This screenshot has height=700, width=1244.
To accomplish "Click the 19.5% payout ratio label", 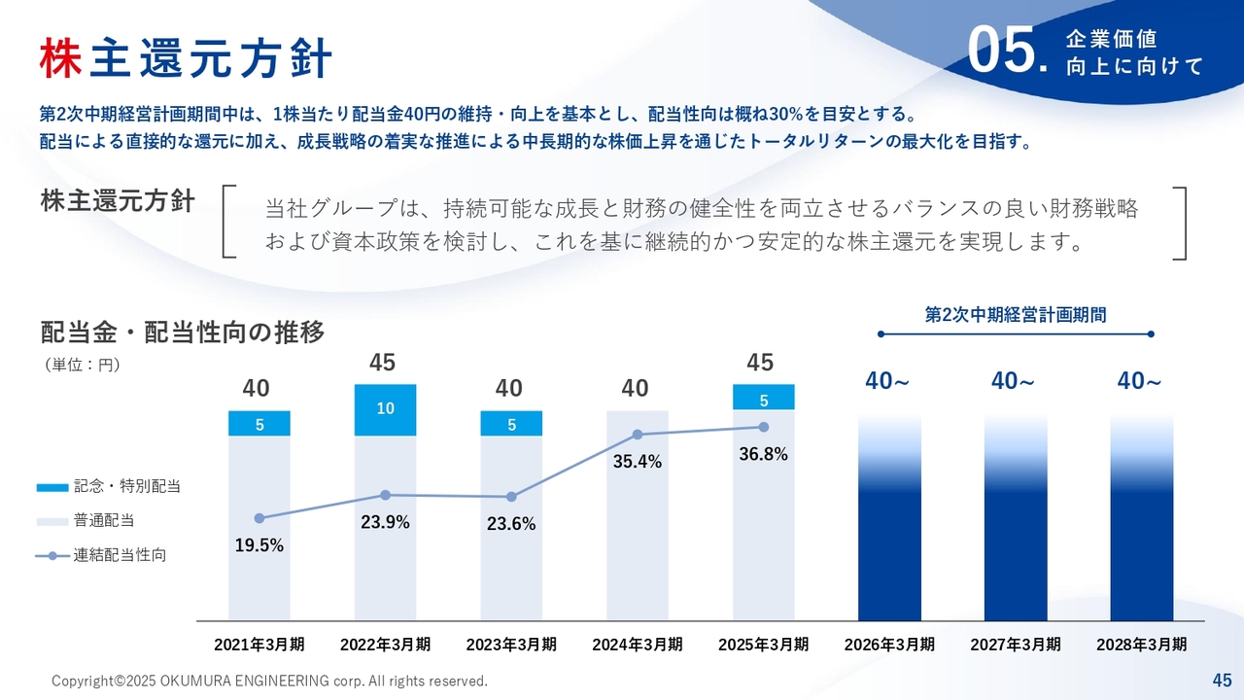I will tap(259, 545).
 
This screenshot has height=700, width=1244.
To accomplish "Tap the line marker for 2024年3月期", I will tap(638, 435).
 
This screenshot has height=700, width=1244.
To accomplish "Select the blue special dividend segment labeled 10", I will tap(386, 408).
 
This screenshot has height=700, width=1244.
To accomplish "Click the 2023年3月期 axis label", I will tap(511, 645).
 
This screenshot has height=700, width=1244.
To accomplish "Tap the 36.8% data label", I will tap(763, 454).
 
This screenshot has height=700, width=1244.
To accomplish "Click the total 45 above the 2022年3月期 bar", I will tap(383, 363).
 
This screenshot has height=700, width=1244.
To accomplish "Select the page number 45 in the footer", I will tap(1222, 679).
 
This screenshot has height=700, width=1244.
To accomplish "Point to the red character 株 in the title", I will tap(60, 58).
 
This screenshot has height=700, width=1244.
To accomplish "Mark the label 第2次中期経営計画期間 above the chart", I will tap(1016, 314).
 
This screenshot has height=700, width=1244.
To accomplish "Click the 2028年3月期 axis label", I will tap(1142, 645).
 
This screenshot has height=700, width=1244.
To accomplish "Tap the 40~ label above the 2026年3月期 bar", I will tap(887, 382).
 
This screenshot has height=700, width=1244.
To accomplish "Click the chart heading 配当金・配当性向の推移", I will tap(183, 332).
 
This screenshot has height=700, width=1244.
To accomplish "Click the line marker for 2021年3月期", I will tap(259, 518).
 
